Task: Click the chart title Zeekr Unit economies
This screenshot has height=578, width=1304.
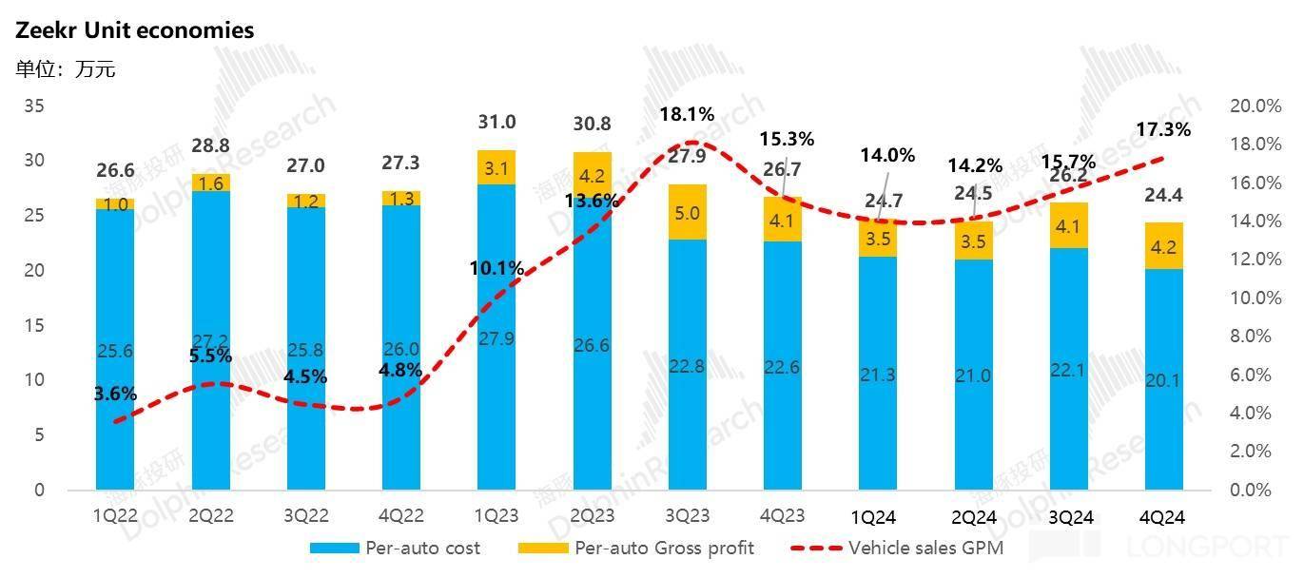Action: pyautogui.click(x=134, y=30)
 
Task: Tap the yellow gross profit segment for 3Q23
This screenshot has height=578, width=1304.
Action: pyautogui.click(x=687, y=212)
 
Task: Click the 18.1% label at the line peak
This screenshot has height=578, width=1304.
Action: pyautogui.click(x=687, y=115)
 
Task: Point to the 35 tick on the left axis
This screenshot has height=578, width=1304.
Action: pyautogui.click(x=34, y=106)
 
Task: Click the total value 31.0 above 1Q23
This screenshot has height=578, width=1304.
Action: pyautogui.click(x=496, y=123)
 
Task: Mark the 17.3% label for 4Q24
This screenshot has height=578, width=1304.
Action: pyautogui.click(x=1163, y=129)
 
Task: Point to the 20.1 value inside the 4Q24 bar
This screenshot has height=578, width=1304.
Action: pyautogui.click(x=1163, y=381)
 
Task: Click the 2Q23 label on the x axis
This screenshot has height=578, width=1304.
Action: pyautogui.click(x=592, y=517)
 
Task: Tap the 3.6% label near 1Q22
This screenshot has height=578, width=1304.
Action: pyautogui.click(x=115, y=393)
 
